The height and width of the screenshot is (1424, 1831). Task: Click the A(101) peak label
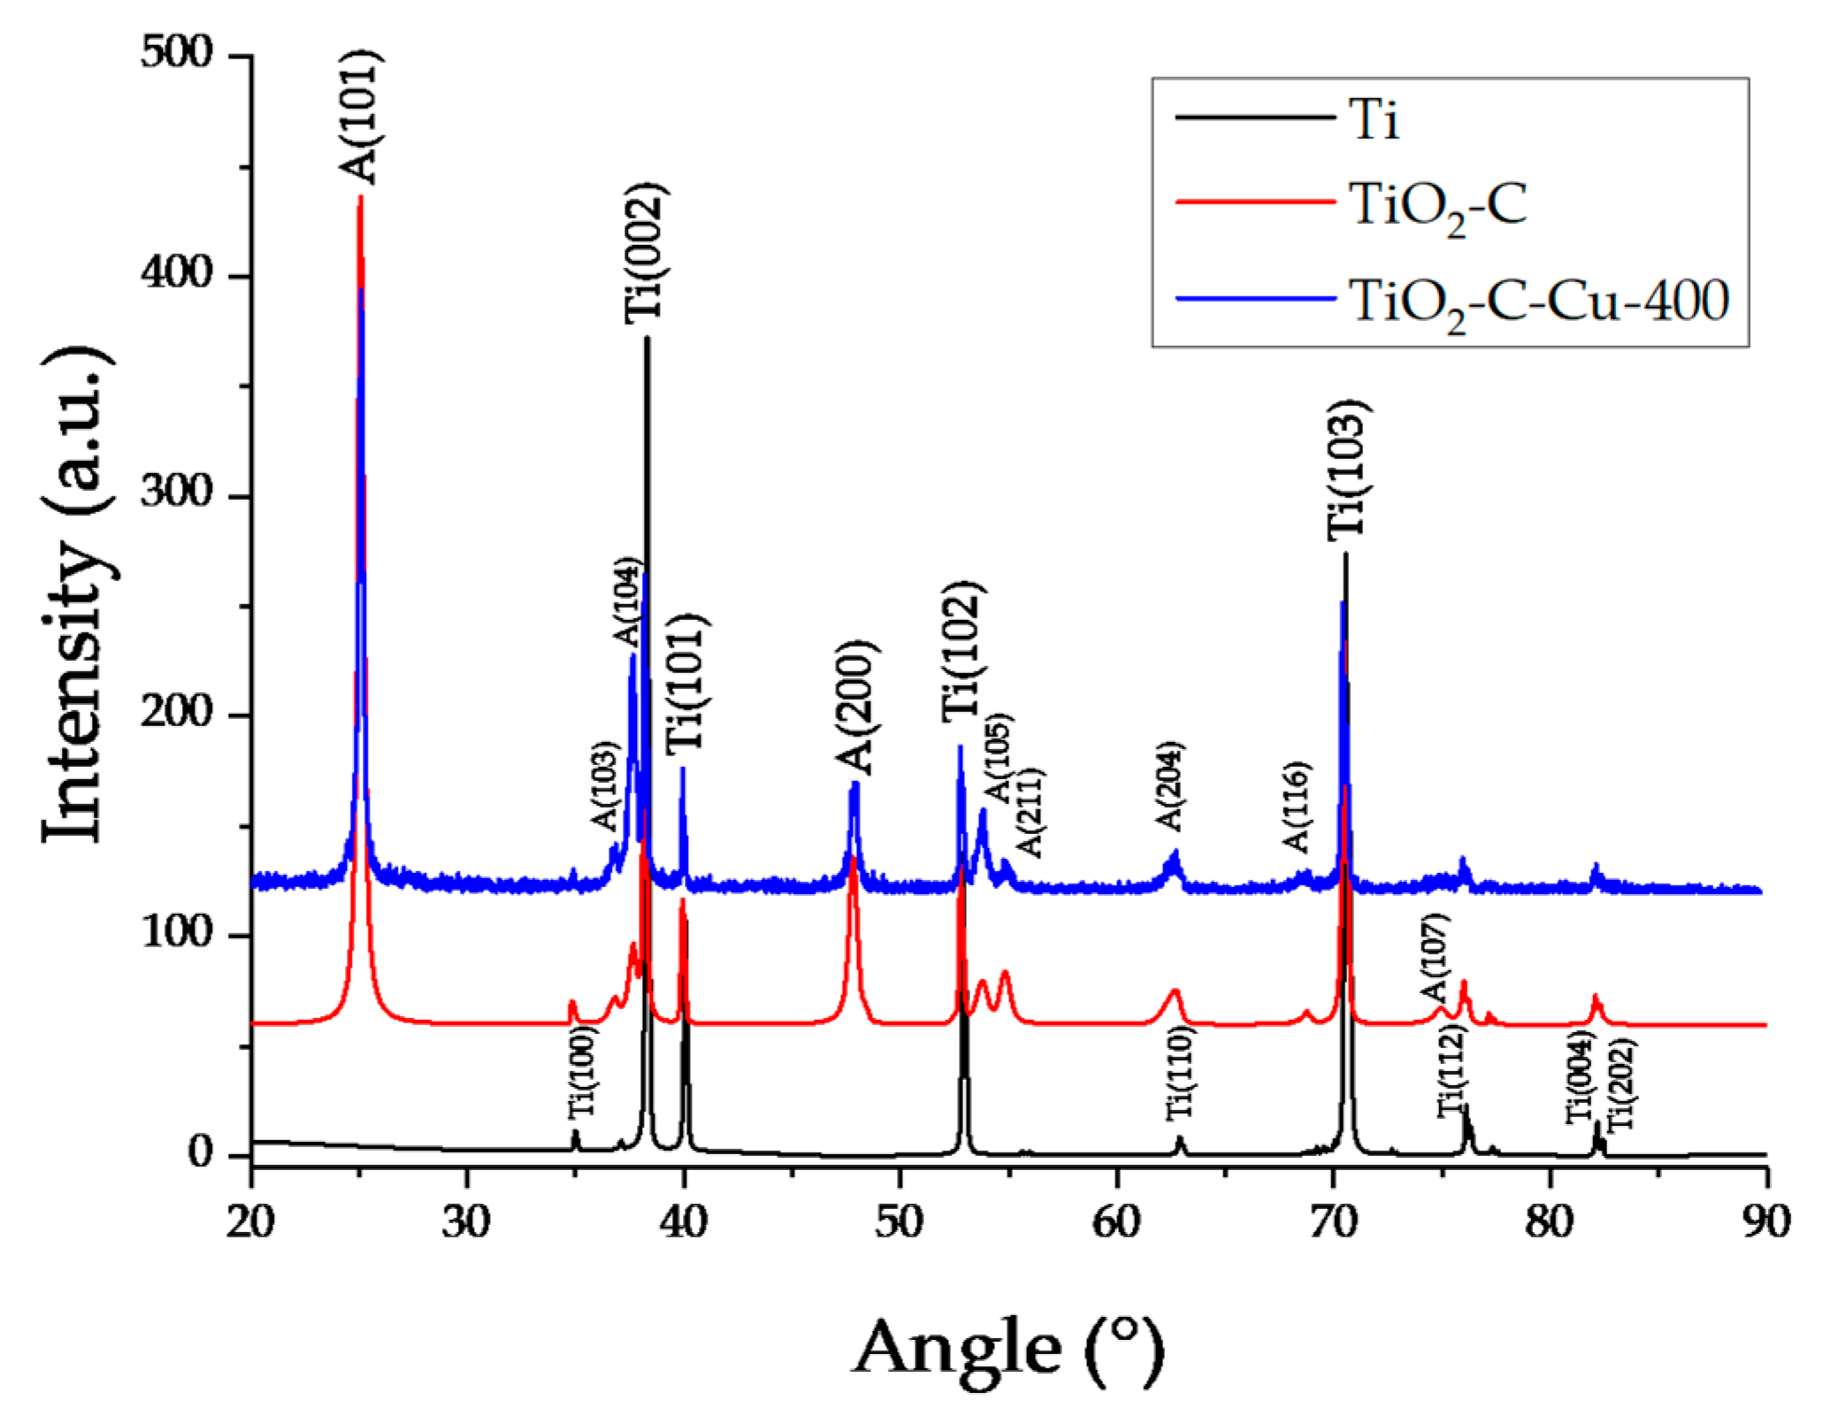[x=361, y=117]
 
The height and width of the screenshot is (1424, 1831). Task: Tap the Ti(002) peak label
[x=646, y=253]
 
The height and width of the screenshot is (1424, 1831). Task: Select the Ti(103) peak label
[x=1349, y=469]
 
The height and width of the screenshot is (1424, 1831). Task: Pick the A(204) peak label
[x=1170, y=786]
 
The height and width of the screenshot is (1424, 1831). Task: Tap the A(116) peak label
[x=1297, y=806]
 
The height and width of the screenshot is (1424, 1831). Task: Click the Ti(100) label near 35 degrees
[x=583, y=1076]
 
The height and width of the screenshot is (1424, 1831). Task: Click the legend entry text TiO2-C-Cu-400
[x=1538, y=302]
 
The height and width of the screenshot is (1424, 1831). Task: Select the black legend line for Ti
[x=1254, y=118]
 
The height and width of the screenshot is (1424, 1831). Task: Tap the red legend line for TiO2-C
[x=1254, y=202]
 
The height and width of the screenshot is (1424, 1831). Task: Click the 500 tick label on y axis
[x=177, y=55]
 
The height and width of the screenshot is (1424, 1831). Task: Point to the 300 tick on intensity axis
[x=177, y=494]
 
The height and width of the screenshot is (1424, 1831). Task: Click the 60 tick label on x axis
[x=1117, y=1222]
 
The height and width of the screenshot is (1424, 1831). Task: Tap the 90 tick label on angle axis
[x=1766, y=1222]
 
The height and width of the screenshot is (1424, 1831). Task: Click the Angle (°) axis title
[x=1008, y=1348]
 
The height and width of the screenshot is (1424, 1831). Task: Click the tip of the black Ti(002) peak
[x=647, y=338]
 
